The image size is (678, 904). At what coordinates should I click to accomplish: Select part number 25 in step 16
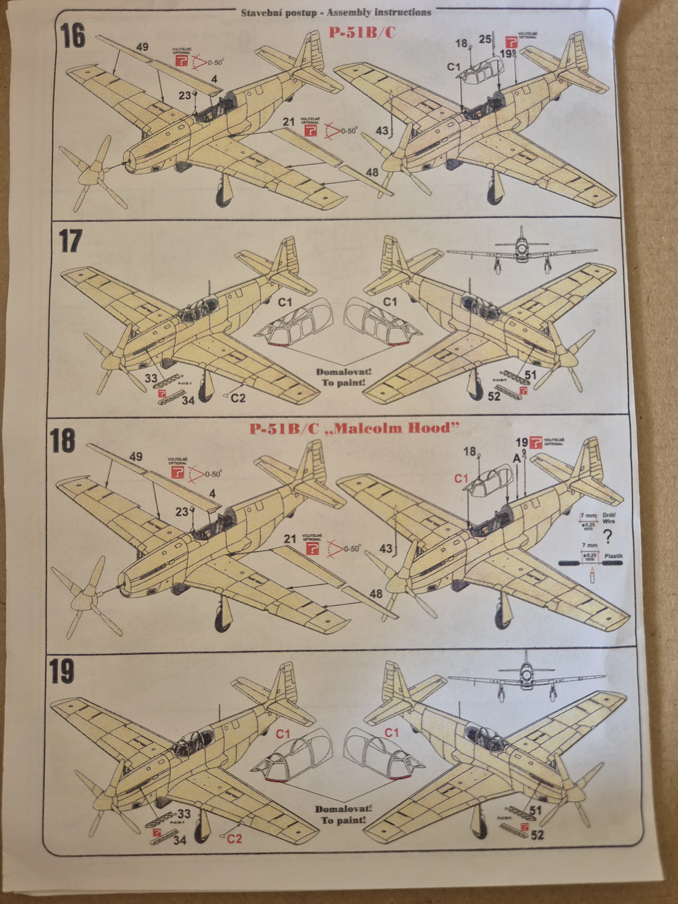point(485,40)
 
